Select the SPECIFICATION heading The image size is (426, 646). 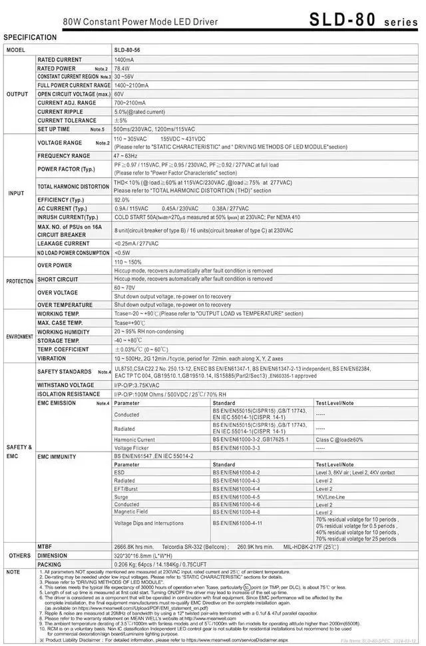point(30,38)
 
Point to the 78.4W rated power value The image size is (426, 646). point(122,69)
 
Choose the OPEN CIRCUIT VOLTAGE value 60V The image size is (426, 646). point(118,95)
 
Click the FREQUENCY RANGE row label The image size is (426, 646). point(64,156)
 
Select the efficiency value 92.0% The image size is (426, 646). point(122,200)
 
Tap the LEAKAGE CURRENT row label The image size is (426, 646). point(65,244)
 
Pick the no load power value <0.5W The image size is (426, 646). point(122,253)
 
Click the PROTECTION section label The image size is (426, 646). point(20,282)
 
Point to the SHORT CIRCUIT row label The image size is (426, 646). point(58,280)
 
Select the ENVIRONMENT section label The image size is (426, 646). point(20,337)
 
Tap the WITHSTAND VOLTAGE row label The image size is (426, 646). point(66,385)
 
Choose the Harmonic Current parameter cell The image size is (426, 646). point(134,440)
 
